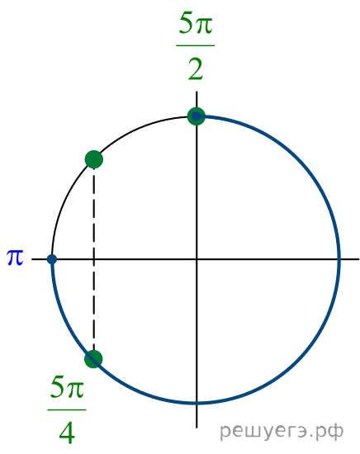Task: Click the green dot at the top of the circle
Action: [x=197, y=116]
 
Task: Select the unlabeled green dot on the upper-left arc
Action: [x=94, y=159]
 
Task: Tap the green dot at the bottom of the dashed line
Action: [x=93, y=359]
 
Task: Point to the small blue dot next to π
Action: [x=52, y=259]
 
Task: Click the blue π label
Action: [x=15, y=257]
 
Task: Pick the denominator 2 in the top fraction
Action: [x=196, y=69]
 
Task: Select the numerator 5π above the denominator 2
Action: [x=196, y=23]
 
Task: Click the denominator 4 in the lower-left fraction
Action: [x=67, y=433]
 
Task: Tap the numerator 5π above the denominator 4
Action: [x=67, y=387]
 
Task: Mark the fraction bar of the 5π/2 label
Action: [x=196, y=45]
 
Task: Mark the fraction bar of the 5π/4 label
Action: [x=67, y=409]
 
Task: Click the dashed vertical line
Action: [x=93, y=259]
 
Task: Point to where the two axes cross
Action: [x=197, y=259]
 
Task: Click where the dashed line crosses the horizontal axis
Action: [x=93, y=259]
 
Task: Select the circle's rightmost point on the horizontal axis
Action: [x=339, y=259]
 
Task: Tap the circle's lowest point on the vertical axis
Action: [x=197, y=403]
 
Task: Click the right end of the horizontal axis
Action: [x=359, y=259]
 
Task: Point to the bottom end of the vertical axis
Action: [x=197, y=428]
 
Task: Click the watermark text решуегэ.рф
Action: [x=282, y=432]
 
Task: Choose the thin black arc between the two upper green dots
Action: [x=139, y=128]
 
